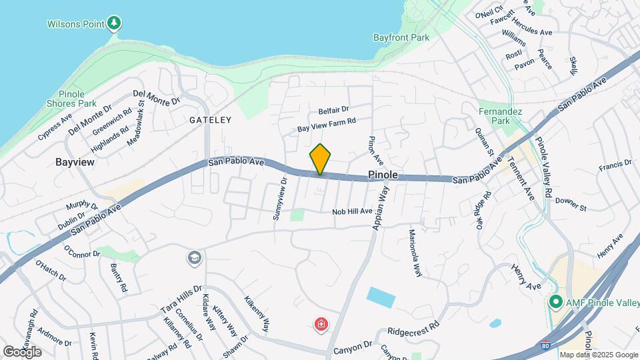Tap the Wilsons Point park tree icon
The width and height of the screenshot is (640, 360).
115,24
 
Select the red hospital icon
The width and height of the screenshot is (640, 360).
321,325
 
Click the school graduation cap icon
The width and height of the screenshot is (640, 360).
194,257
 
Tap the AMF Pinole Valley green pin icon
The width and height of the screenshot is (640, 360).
555,302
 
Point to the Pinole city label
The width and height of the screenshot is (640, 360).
383,175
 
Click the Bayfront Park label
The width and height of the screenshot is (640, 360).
401,38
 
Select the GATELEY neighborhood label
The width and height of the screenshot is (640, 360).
210,120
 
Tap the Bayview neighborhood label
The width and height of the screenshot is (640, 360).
75,162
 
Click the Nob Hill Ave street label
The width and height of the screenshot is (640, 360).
353,211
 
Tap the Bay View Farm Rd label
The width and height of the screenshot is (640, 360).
327,124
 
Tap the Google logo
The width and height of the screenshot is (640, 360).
22,351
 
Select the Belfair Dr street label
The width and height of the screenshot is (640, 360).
333,109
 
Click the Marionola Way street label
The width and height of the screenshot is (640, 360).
415,253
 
